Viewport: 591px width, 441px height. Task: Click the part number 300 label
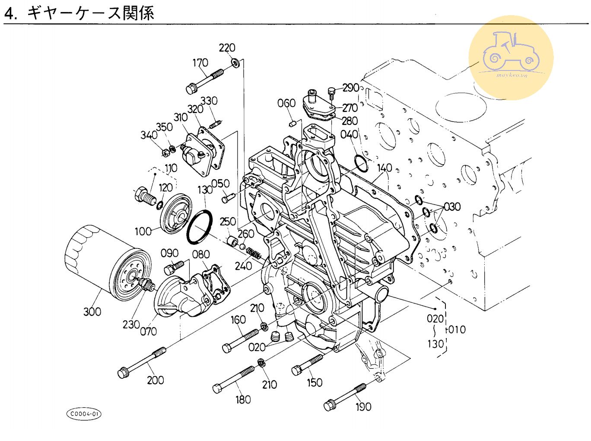[x=92, y=311]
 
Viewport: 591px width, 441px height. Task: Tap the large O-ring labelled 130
[x=199, y=227]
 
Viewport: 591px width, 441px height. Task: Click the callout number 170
[x=200, y=63]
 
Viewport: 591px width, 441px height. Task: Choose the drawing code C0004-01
[x=84, y=414]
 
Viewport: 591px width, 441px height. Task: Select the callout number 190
[x=363, y=406]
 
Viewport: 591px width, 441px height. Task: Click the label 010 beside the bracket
[x=457, y=329]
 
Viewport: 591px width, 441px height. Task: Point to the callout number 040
[x=349, y=134]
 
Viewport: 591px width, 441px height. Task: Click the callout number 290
[x=351, y=88]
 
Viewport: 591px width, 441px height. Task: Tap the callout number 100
[x=143, y=231]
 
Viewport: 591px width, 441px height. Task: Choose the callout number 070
[x=148, y=332]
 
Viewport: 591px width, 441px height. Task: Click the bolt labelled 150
[x=307, y=364]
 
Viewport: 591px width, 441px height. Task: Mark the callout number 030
[x=452, y=207]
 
